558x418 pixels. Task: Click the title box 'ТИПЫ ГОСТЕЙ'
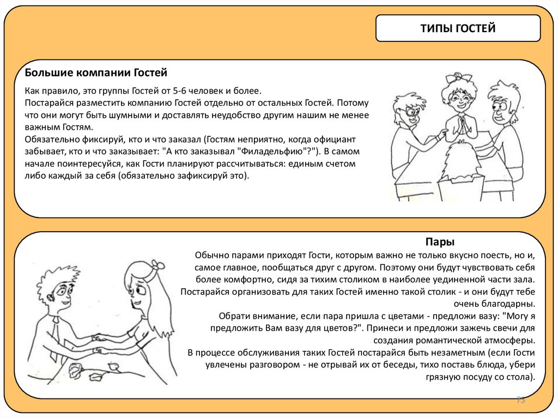[x=458, y=28]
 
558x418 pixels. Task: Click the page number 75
[x=520, y=401]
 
